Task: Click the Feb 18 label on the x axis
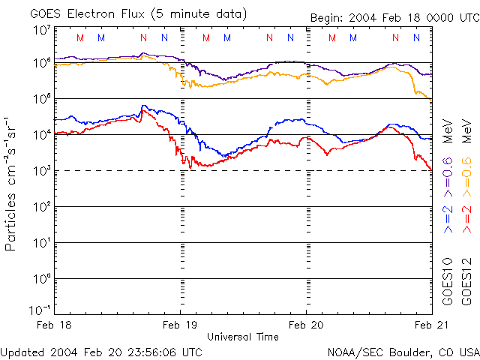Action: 54,324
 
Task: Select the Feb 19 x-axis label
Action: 181,324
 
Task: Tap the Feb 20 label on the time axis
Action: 307,324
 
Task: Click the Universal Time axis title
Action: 243,337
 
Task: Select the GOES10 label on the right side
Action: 448,280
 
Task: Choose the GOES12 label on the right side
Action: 467,280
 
